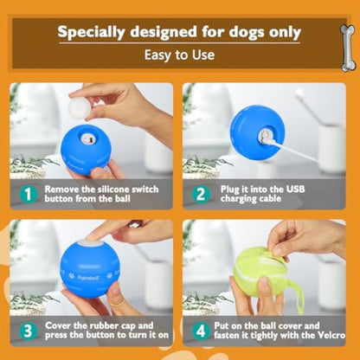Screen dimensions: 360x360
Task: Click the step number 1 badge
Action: tap(29, 194)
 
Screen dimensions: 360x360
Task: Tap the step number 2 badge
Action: tap(201, 194)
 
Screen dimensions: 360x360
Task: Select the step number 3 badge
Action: tap(29, 331)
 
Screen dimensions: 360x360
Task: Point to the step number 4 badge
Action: tap(201, 331)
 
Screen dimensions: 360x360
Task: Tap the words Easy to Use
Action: tap(179, 54)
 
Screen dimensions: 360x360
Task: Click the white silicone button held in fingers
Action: tap(80, 106)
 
